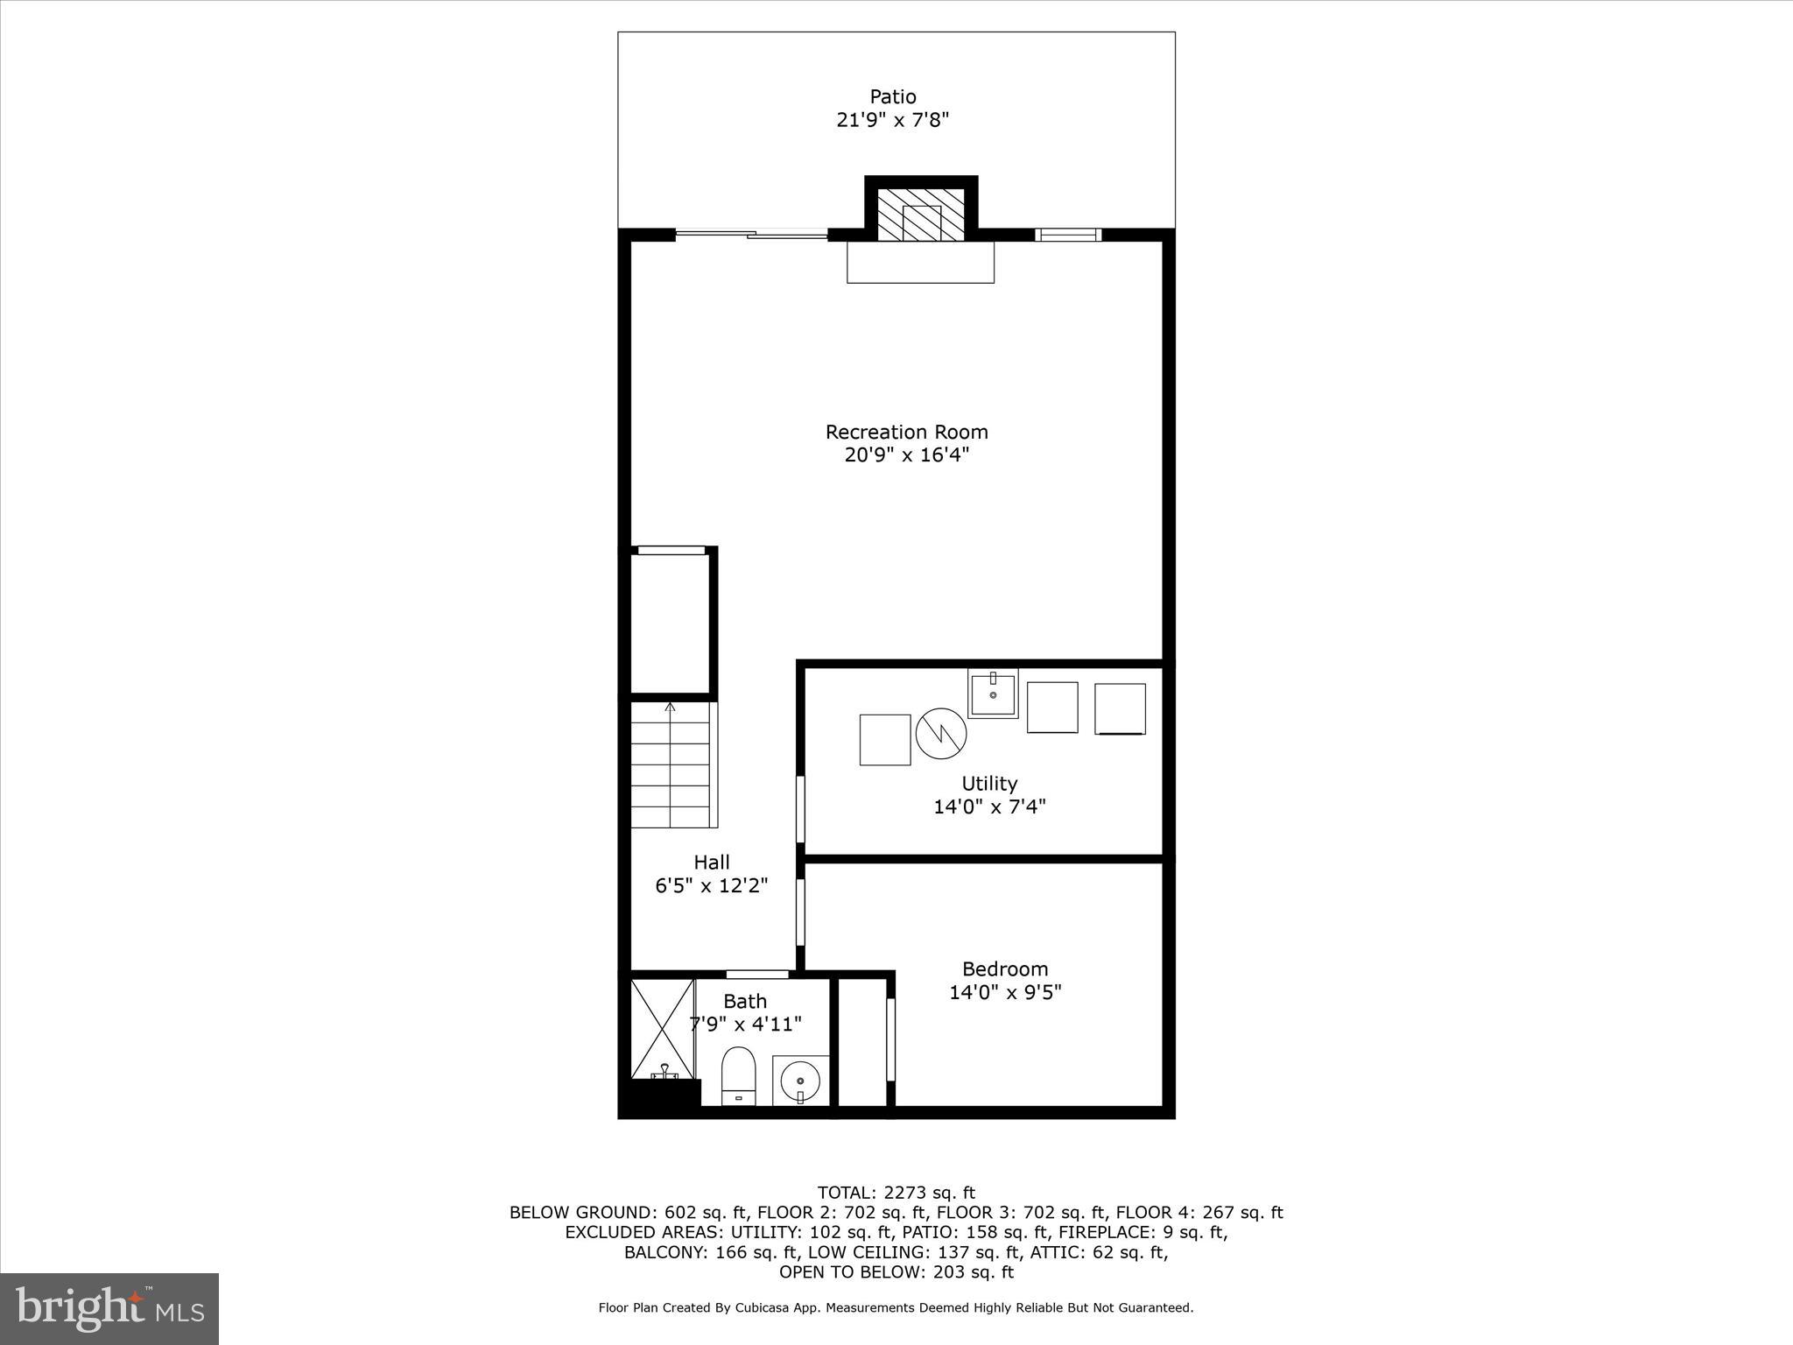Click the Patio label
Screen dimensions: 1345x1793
(x=892, y=96)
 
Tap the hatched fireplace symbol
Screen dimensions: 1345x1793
(x=920, y=214)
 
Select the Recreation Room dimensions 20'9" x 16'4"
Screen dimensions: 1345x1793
(x=906, y=455)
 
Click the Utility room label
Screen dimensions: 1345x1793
(x=988, y=783)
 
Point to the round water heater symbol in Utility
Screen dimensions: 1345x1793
(x=940, y=733)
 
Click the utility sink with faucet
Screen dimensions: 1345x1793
(x=993, y=694)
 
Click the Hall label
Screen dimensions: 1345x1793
(x=711, y=862)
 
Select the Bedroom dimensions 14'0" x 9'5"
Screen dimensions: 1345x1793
(x=1005, y=992)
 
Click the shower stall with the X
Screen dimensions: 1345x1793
(x=662, y=1030)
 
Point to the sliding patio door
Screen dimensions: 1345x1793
(x=751, y=234)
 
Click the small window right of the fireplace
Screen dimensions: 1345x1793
(x=1067, y=234)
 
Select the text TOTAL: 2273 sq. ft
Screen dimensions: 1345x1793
(x=896, y=1192)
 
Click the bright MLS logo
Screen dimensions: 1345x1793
(x=109, y=1308)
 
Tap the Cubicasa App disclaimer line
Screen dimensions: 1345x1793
(x=896, y=1307)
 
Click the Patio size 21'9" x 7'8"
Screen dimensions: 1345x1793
(x=892, y=120)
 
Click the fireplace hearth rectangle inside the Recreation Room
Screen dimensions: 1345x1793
(x=920, y=262)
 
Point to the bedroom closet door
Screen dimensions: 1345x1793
(x=890, y=1039)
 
